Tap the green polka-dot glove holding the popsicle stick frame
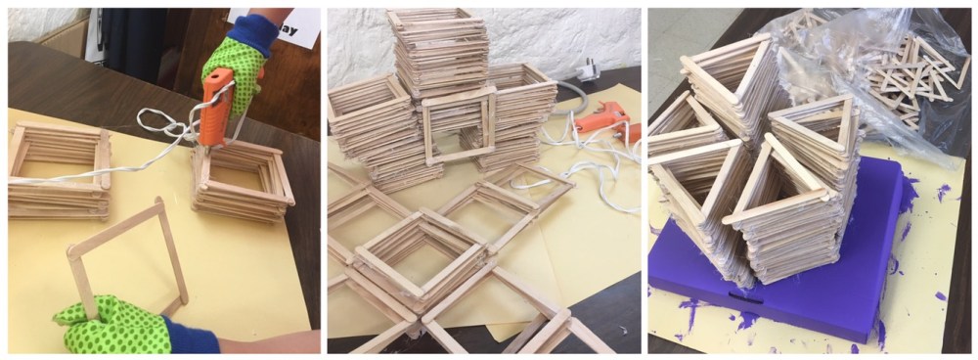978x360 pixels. [108, 324]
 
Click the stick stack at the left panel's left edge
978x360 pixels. [58, 171]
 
